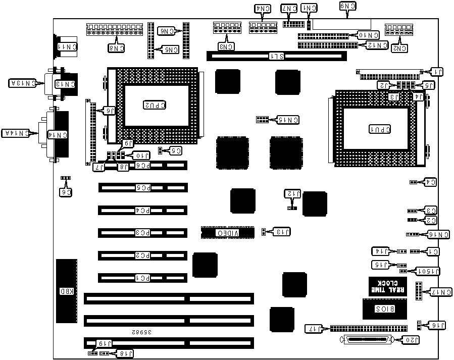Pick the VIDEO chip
coord(227,233)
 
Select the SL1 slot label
coord(276,56)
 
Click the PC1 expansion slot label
coord(143,278)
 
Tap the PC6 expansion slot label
coord(143,165)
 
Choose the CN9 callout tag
coord(348,6)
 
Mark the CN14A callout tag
coord(15,133)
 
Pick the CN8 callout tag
coord(117,48)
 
